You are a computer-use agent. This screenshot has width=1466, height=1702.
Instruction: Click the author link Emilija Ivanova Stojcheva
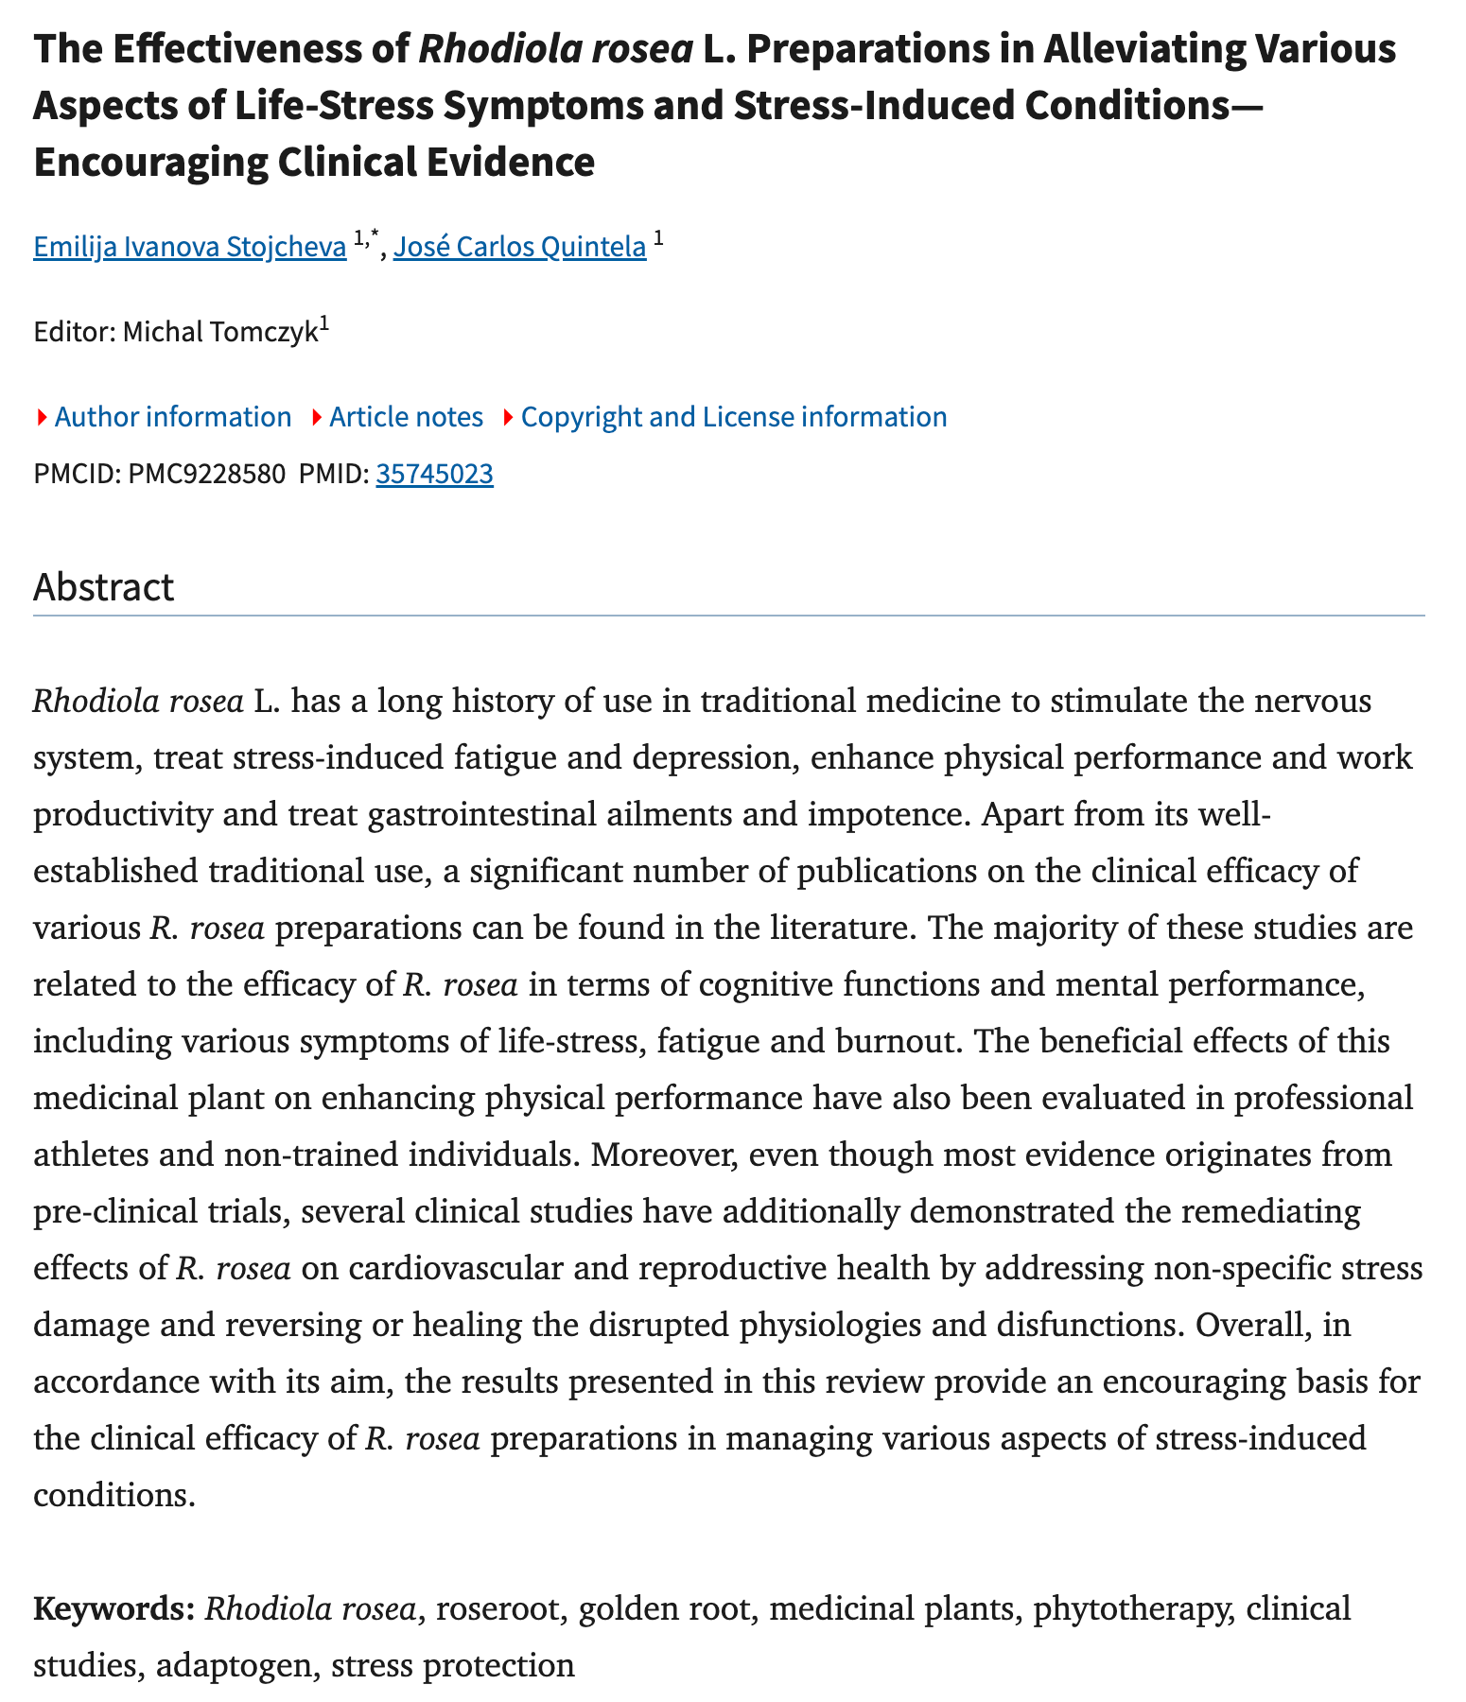tap(189, 248)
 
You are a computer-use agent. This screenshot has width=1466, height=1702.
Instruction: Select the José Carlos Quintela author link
tap(519, 248)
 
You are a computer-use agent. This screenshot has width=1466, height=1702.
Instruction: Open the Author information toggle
tap(172, 417)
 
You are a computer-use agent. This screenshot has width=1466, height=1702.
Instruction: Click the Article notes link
tap(406, 417)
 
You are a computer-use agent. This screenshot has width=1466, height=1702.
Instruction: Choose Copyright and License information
tap(733, 417)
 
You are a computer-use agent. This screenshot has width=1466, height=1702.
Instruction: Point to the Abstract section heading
tap(103, 587)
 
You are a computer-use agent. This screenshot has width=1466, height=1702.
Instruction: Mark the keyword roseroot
tap(497, 1607)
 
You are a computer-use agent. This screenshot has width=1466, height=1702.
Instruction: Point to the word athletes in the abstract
tap(96, 1155)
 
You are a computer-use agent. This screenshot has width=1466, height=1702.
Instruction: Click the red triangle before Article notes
tap(316, 417)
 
